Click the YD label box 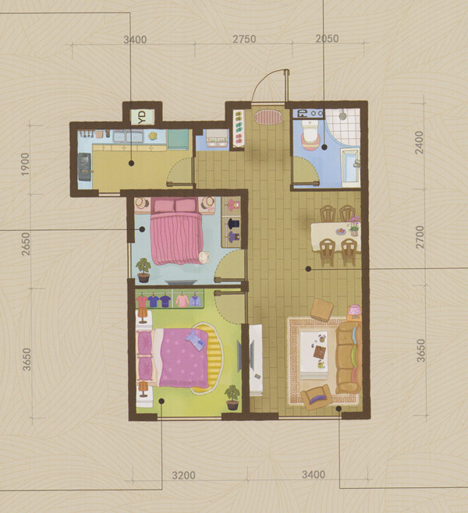point(143,117)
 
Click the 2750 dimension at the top point(244,39)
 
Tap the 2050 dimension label point(327,39)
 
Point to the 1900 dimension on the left point(25,165)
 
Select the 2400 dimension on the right point(419,143)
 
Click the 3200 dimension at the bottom point(183,475)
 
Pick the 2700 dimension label point(419,237)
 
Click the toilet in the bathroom point(310,134)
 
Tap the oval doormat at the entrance point(268,117)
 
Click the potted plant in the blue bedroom point(144,271)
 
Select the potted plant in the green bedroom point(232,397)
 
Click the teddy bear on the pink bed point(204,257)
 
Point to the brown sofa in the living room point(349,358)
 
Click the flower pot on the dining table point(354,226)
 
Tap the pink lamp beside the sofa point(354,310)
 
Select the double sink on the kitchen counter point(128,136)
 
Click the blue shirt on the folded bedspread point(195,340)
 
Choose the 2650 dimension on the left point(26,244)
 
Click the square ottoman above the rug point(321,310)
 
